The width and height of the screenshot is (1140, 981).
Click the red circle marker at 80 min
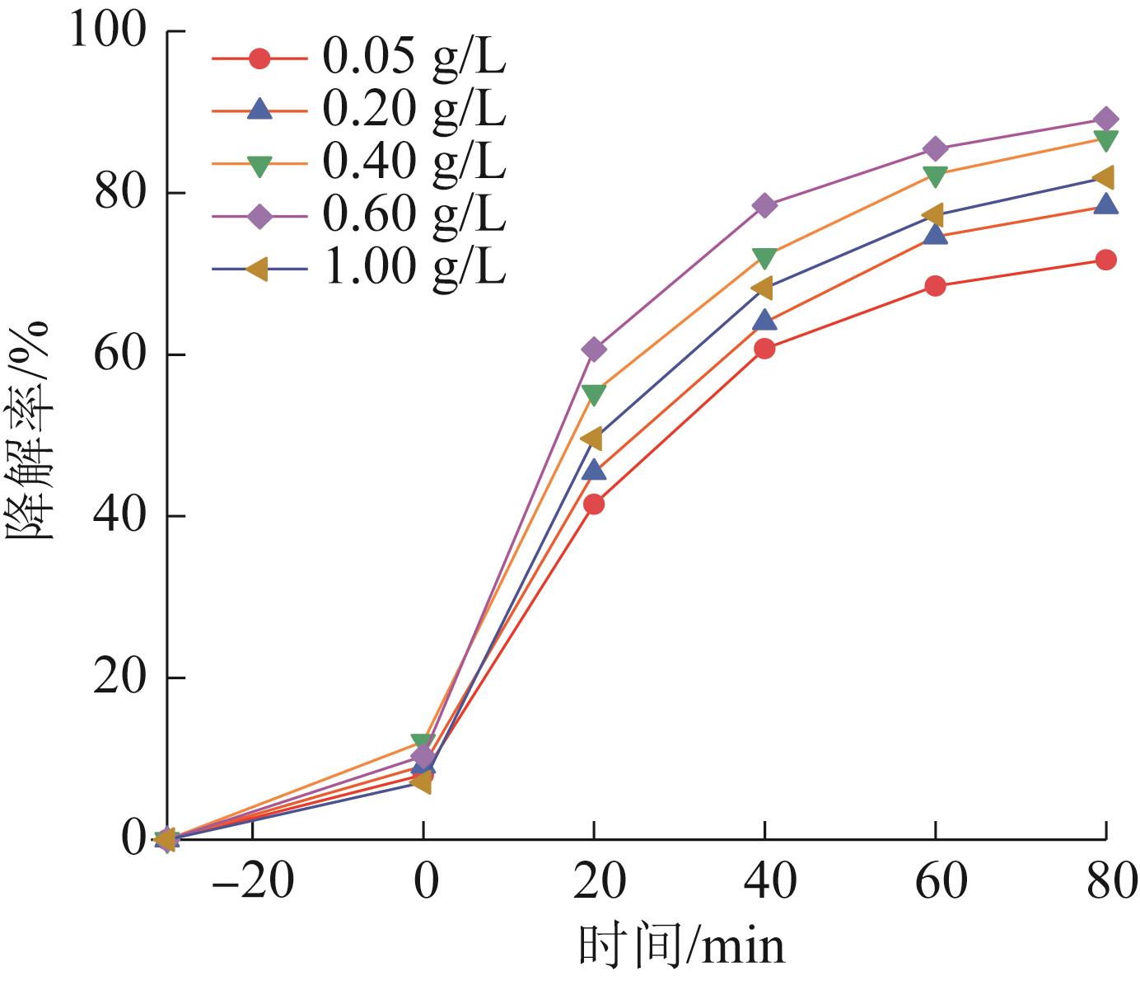1106,260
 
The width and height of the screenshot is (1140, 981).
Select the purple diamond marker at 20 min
594,349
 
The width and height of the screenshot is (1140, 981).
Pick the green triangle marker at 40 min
764,258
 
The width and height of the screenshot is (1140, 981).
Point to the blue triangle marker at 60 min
935,235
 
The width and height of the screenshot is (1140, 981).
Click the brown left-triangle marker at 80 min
1105,177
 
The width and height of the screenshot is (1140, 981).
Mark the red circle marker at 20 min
594,504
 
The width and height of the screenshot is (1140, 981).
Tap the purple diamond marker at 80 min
1106,119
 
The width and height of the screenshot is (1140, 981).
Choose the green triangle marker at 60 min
935,176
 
